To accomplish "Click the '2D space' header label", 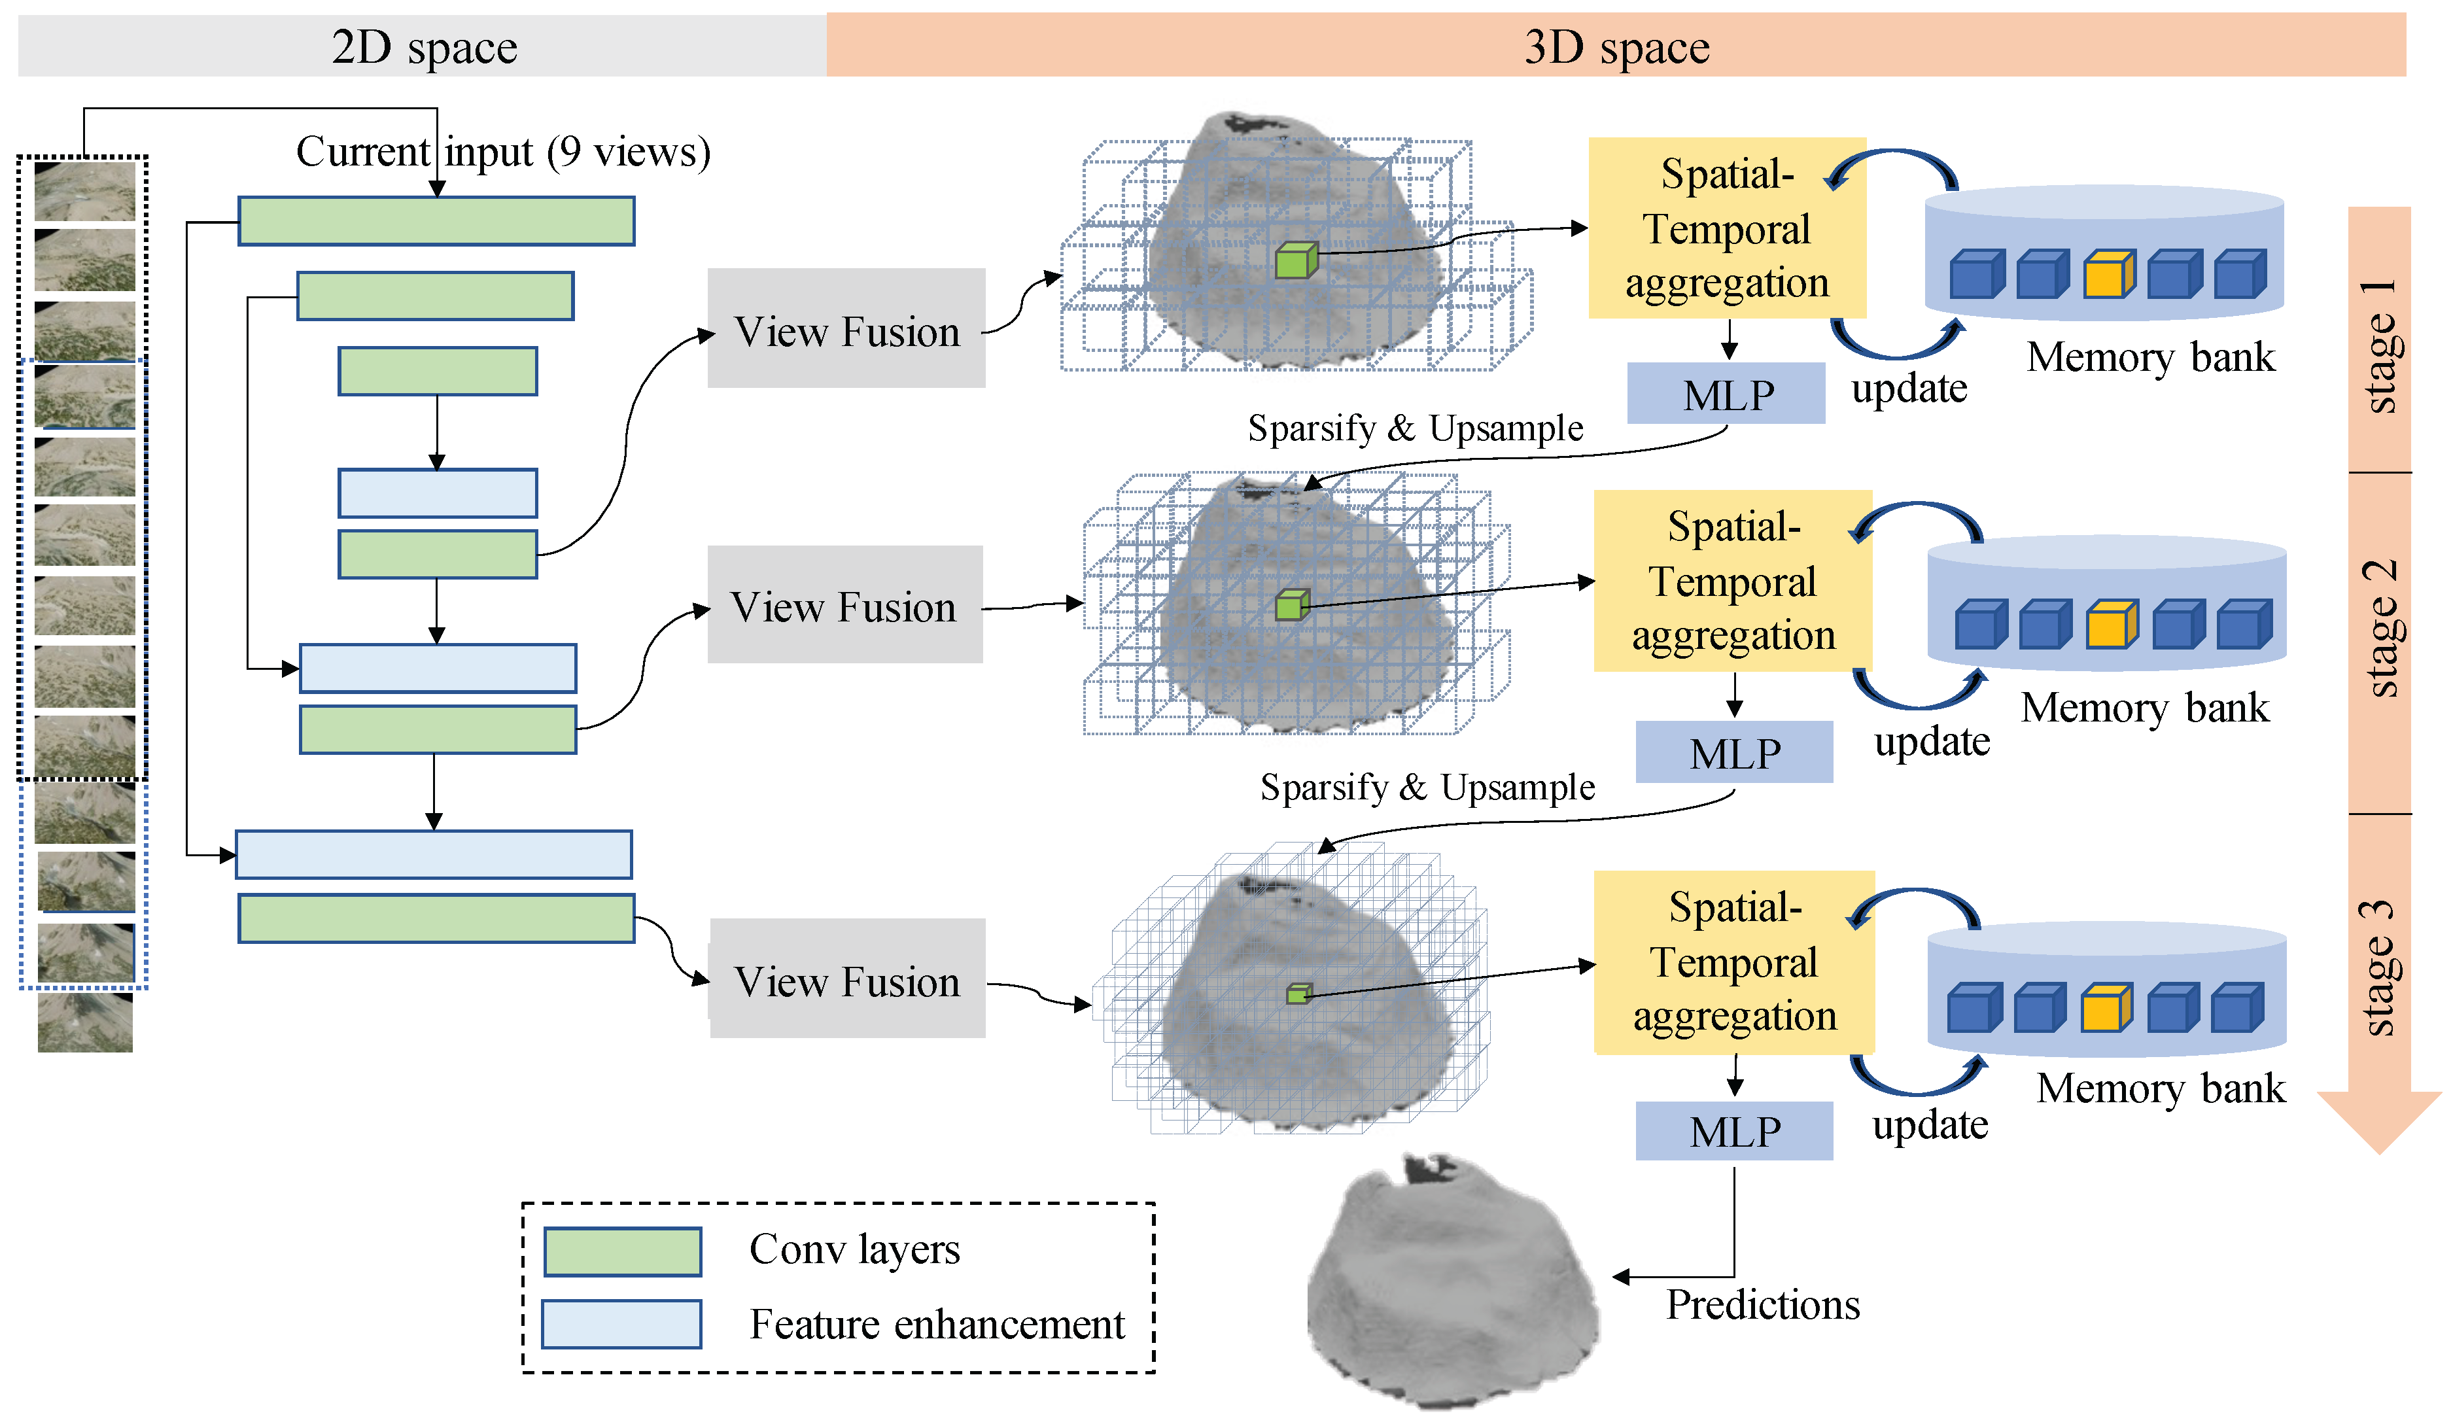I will [425, 46].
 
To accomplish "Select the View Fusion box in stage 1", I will [846, 329].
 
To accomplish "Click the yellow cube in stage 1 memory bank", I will [2108, 275].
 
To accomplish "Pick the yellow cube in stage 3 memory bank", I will [2106, 1009].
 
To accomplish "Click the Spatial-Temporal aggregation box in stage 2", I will [1733, 581].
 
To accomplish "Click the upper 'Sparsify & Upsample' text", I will [1416, 428].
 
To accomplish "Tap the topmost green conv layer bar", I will [436, 221].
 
